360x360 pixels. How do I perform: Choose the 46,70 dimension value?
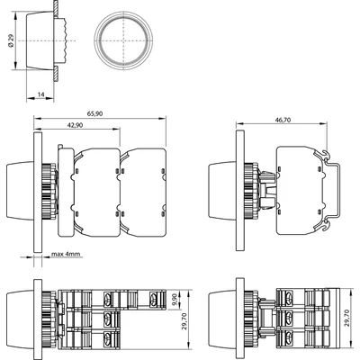click(x=284, y=119)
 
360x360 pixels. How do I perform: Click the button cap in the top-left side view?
click(x=41, y=41)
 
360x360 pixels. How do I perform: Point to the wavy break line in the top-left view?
click(x=68, y=41)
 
